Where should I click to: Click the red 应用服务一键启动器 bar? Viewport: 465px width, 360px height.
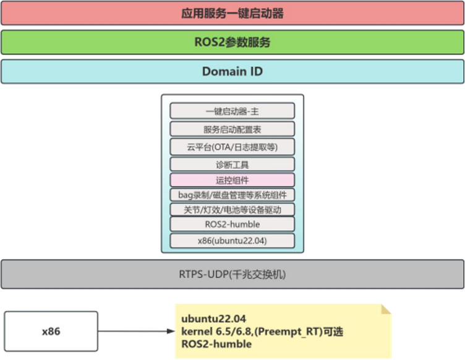[232, 13]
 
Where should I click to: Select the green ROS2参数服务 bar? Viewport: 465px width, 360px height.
[232, 43]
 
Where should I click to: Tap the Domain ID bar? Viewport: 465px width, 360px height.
[232, 72]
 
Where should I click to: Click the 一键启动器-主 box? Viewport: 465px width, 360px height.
[232, 111]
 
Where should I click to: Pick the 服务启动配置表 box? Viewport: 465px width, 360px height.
[232, 129]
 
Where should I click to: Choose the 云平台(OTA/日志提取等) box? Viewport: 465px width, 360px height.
[232, 147]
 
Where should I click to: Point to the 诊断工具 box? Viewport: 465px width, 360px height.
[232, 165]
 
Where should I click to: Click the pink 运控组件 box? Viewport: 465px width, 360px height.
[232, 180]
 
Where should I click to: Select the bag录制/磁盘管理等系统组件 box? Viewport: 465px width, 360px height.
[232, 195]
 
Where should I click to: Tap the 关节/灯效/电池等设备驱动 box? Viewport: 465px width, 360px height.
[232, 210]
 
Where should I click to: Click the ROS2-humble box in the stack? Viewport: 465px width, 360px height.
[232, 224]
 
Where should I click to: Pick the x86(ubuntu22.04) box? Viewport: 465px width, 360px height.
[232, 240]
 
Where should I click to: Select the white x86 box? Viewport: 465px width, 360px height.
[51, 332]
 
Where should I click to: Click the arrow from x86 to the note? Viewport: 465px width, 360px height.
[136, 332]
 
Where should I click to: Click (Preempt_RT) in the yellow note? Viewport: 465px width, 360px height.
[287, 332]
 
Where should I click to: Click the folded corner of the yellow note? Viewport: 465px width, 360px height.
[386, 310]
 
